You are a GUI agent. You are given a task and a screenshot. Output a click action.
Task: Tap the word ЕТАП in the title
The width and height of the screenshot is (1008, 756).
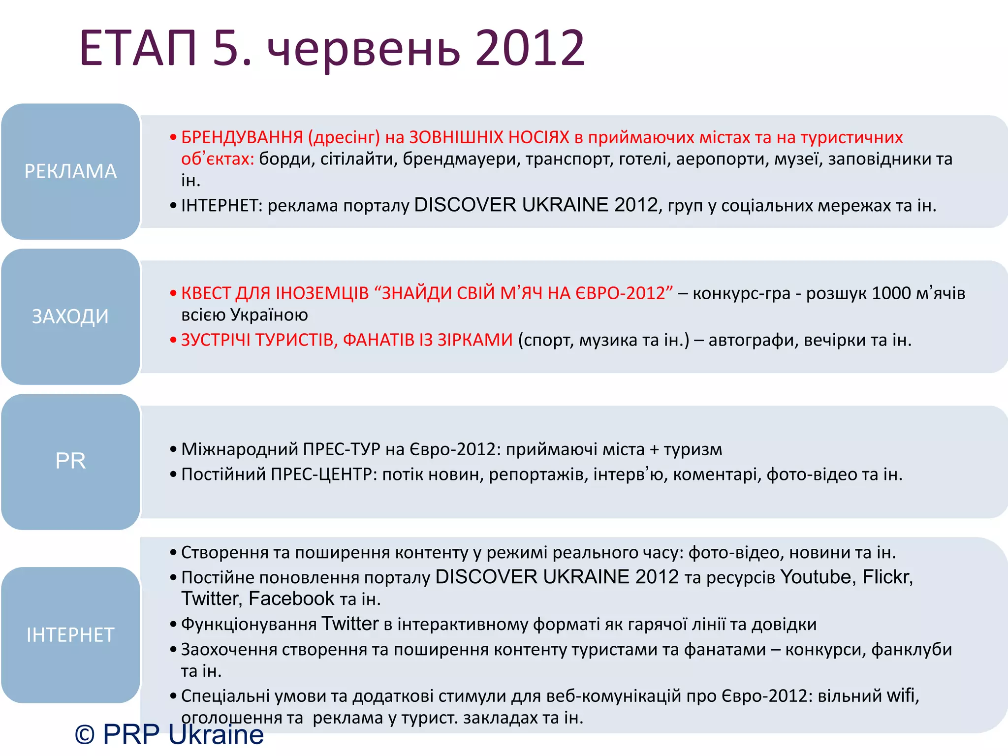[138, 48]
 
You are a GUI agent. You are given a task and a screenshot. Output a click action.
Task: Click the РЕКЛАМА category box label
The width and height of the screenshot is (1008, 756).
[70, 171]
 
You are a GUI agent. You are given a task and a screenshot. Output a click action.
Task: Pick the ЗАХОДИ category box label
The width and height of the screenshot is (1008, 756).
[70, 316]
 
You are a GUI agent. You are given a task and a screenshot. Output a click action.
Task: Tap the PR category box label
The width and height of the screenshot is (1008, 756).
[70, 461]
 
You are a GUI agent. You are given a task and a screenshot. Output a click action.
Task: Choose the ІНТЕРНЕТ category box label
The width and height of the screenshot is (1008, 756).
[70, 635]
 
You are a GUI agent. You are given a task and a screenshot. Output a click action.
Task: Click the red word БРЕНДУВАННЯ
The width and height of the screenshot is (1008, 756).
[242, 137]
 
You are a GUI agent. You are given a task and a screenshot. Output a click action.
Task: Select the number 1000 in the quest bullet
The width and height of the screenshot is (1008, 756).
[891, 293]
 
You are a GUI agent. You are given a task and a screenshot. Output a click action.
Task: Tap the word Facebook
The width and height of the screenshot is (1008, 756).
[291, 599]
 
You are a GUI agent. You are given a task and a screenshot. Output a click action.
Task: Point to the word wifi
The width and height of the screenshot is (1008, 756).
[901, 696]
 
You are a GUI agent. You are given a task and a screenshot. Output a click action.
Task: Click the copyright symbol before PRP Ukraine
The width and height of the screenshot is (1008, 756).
[85, 735]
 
